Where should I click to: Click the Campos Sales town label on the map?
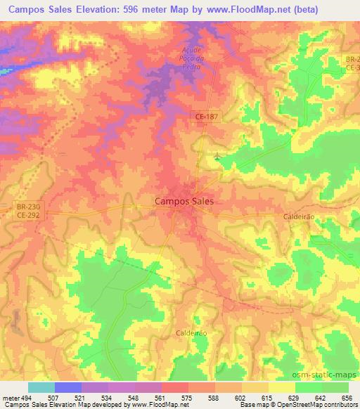pos(184,201)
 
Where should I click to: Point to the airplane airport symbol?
pos(217,157)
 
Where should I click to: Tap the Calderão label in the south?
pos(191,333)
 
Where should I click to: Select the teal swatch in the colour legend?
pos(41,387)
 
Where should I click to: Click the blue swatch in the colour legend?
pos(68,387)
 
